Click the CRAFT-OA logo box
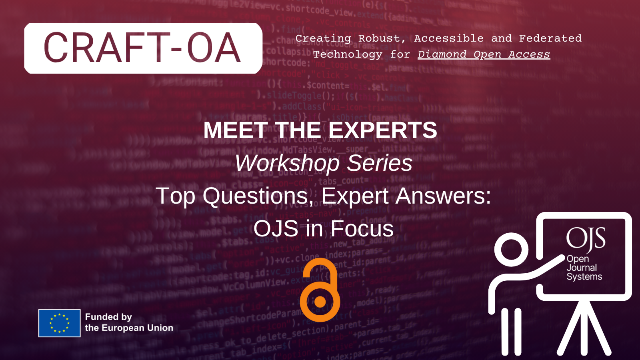tap(143, 48)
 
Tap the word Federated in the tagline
tap(550, 38)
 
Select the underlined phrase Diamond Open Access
tap(484, 54)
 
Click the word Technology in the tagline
tap(347, 54)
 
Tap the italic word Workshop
tap(287, 163)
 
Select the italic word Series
tap(380, 163)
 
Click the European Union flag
tap(59, 323)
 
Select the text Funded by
tap(108, 317)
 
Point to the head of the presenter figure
tap(511, 250)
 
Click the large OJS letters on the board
tap(586, 239)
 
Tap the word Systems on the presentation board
tap(584, 277)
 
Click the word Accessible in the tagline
tap(448, 38)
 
